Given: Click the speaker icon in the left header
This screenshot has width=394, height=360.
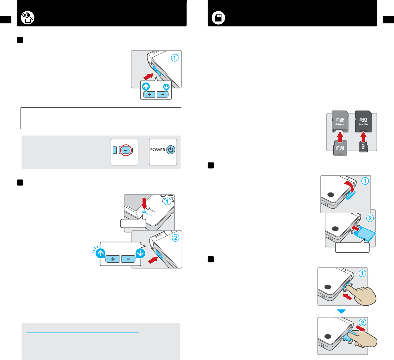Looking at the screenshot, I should (28, 18).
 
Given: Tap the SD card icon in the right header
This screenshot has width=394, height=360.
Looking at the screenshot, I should (218, 18).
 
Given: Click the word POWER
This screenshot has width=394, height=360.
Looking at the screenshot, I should (158, 150).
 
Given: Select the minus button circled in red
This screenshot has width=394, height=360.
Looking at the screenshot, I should (126, 150).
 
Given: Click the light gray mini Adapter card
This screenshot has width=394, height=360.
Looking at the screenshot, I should (340, 121).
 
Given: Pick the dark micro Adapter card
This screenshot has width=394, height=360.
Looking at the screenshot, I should (363, 121).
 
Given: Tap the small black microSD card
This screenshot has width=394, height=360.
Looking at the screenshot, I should (363, 147).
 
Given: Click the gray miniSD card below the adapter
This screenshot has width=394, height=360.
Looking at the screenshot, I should (340, 148).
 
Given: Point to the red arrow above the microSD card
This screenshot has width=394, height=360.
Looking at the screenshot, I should (363, 137).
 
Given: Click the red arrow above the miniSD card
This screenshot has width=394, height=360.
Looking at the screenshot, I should (340, 137).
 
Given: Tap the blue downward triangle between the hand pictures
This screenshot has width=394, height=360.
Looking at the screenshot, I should (342, 311).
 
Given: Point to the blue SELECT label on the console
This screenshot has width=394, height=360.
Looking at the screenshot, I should (149, 215).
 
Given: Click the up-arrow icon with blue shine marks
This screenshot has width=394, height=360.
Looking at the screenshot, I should (100, 253).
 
